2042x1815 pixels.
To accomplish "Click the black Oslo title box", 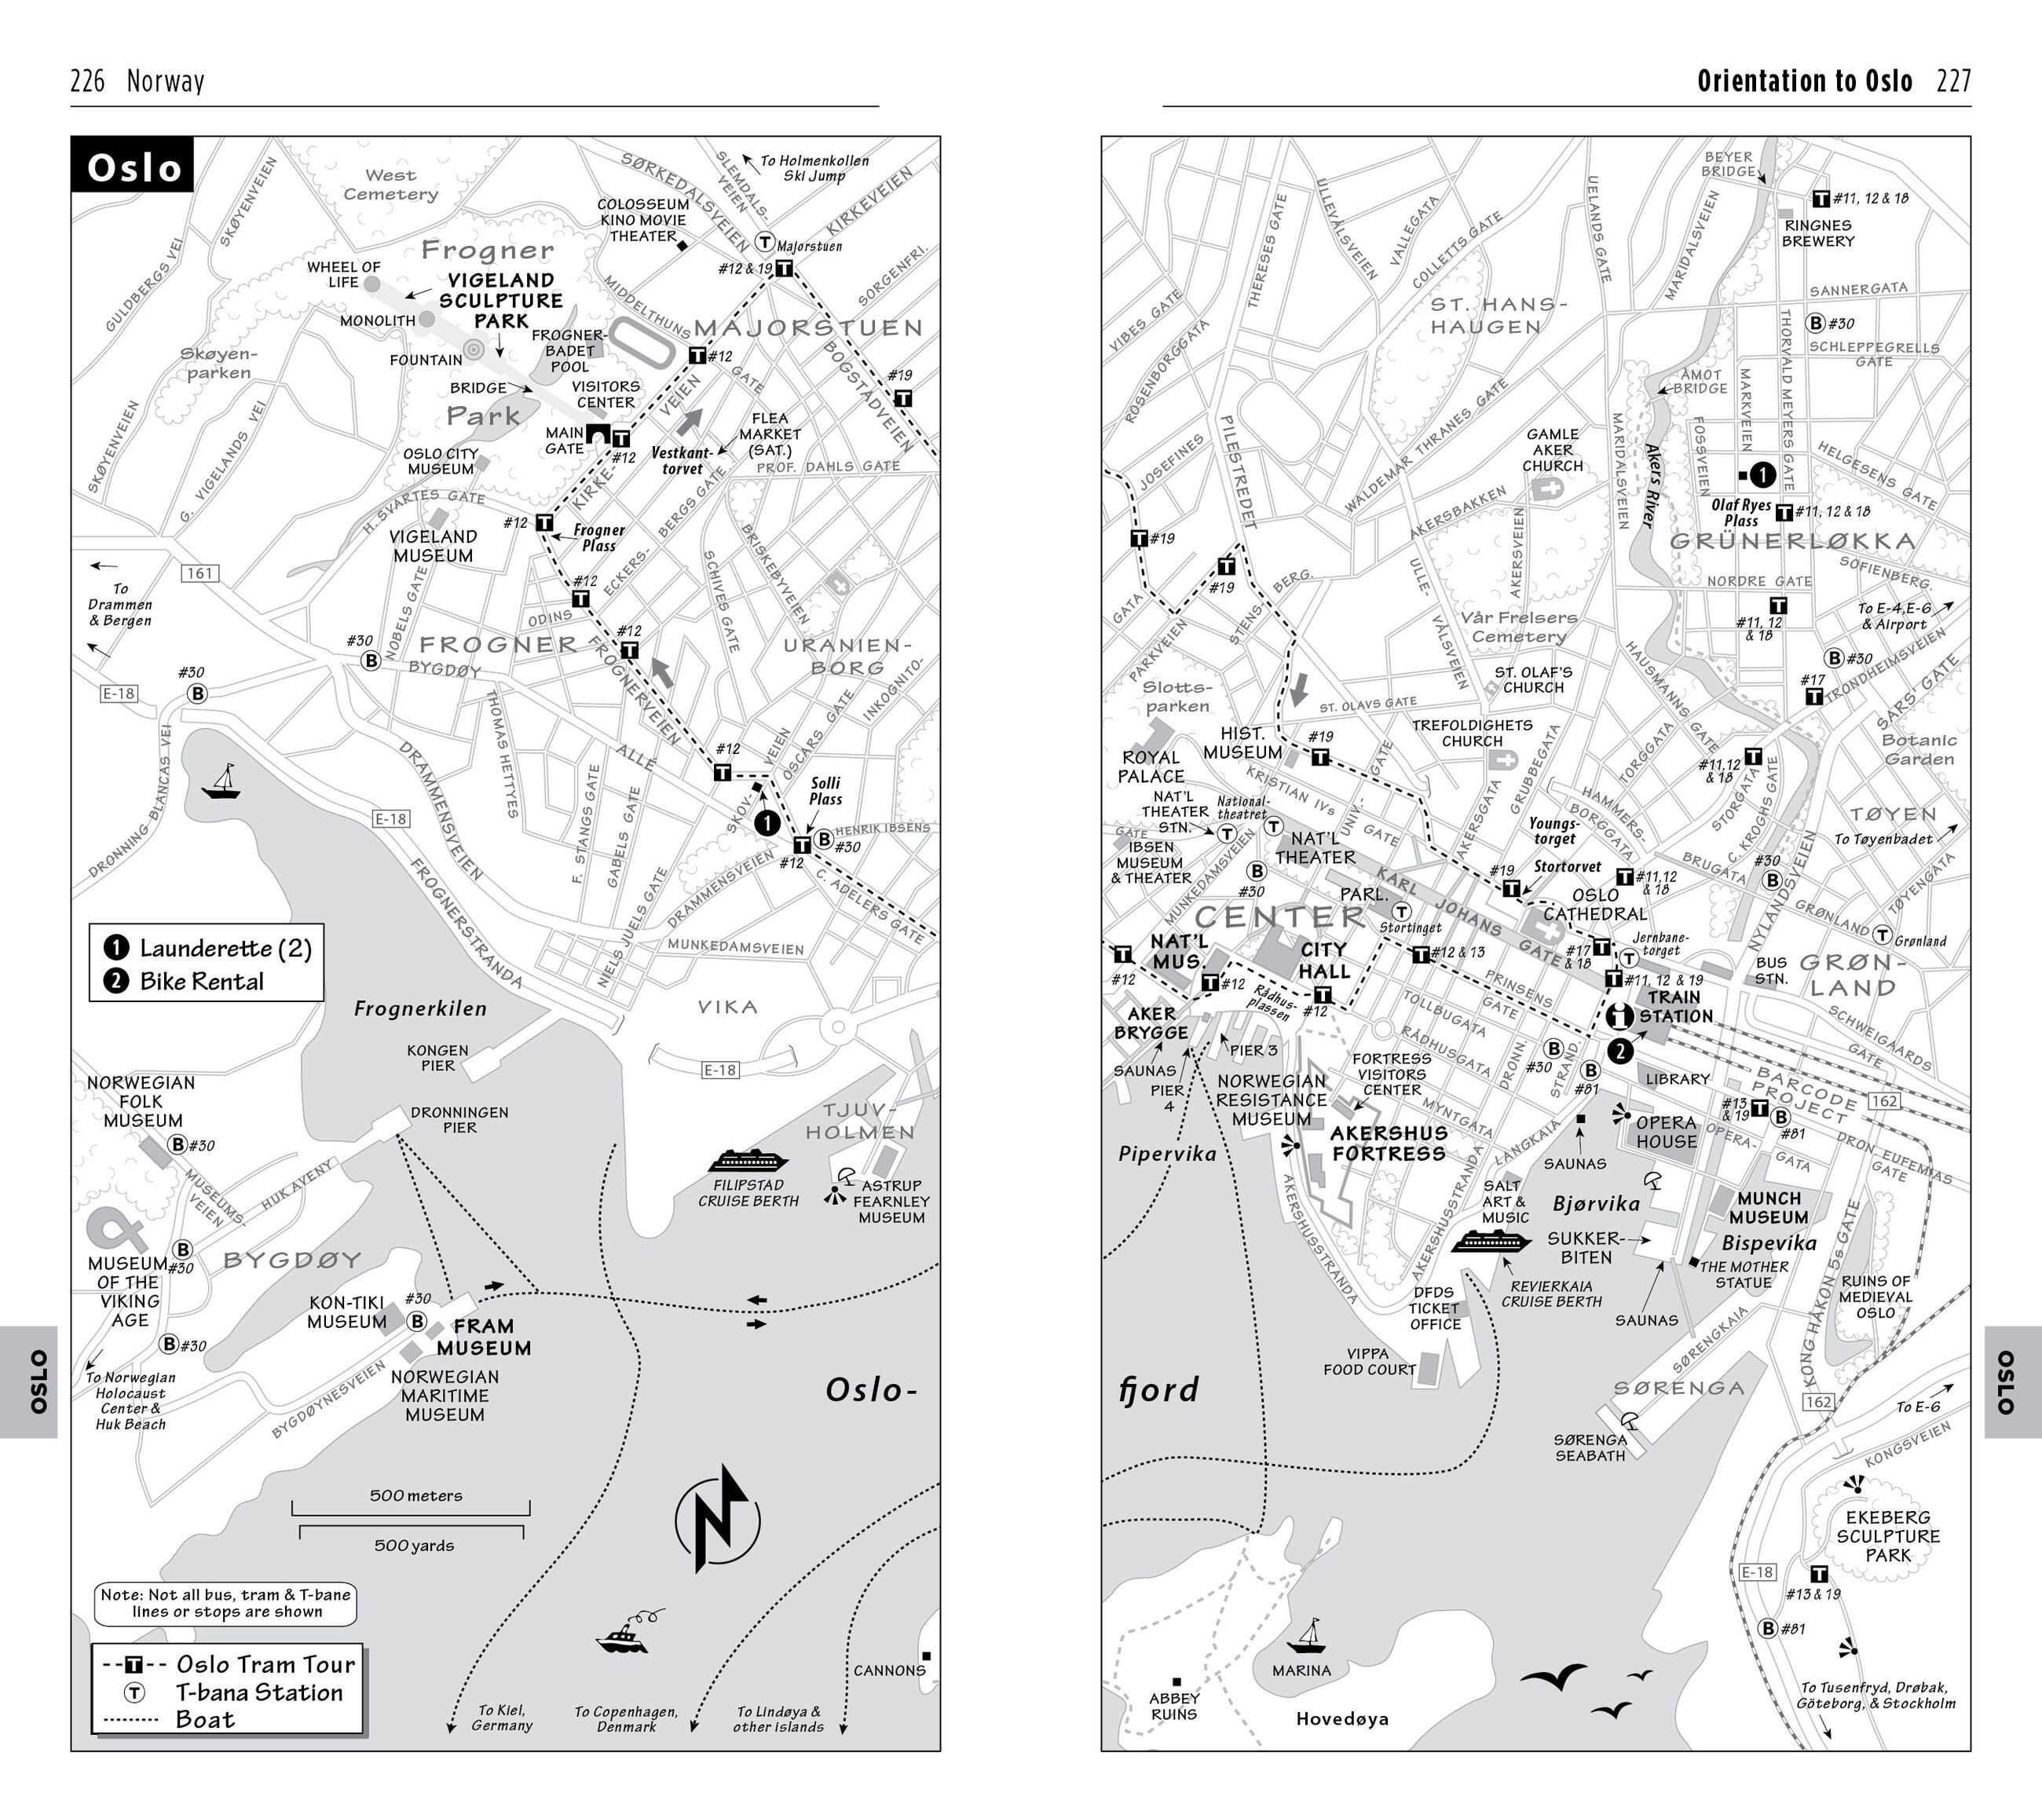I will tap(133, 166).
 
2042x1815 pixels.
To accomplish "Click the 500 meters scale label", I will tap(415, 1495).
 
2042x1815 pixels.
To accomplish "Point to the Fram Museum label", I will tap(484, 1337).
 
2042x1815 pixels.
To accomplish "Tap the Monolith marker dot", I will tap(426, 319).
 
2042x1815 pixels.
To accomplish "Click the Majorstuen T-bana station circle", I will tap(764, 242).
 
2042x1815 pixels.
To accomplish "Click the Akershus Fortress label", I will tap(1389, 1143).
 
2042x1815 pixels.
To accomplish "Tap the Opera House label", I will tap(1667, 1132).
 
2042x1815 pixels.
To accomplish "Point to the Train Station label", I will tap(1675, 1006).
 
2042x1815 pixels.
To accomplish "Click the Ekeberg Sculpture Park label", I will tap(1887, 1536).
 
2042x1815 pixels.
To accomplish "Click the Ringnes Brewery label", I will tap(1818, 232).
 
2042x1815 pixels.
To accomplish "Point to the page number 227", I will tap(1953, 81).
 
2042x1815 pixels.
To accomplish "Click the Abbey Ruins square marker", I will tap(1176, 1682).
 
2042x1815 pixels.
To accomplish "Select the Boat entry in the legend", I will tap(205, 1719).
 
